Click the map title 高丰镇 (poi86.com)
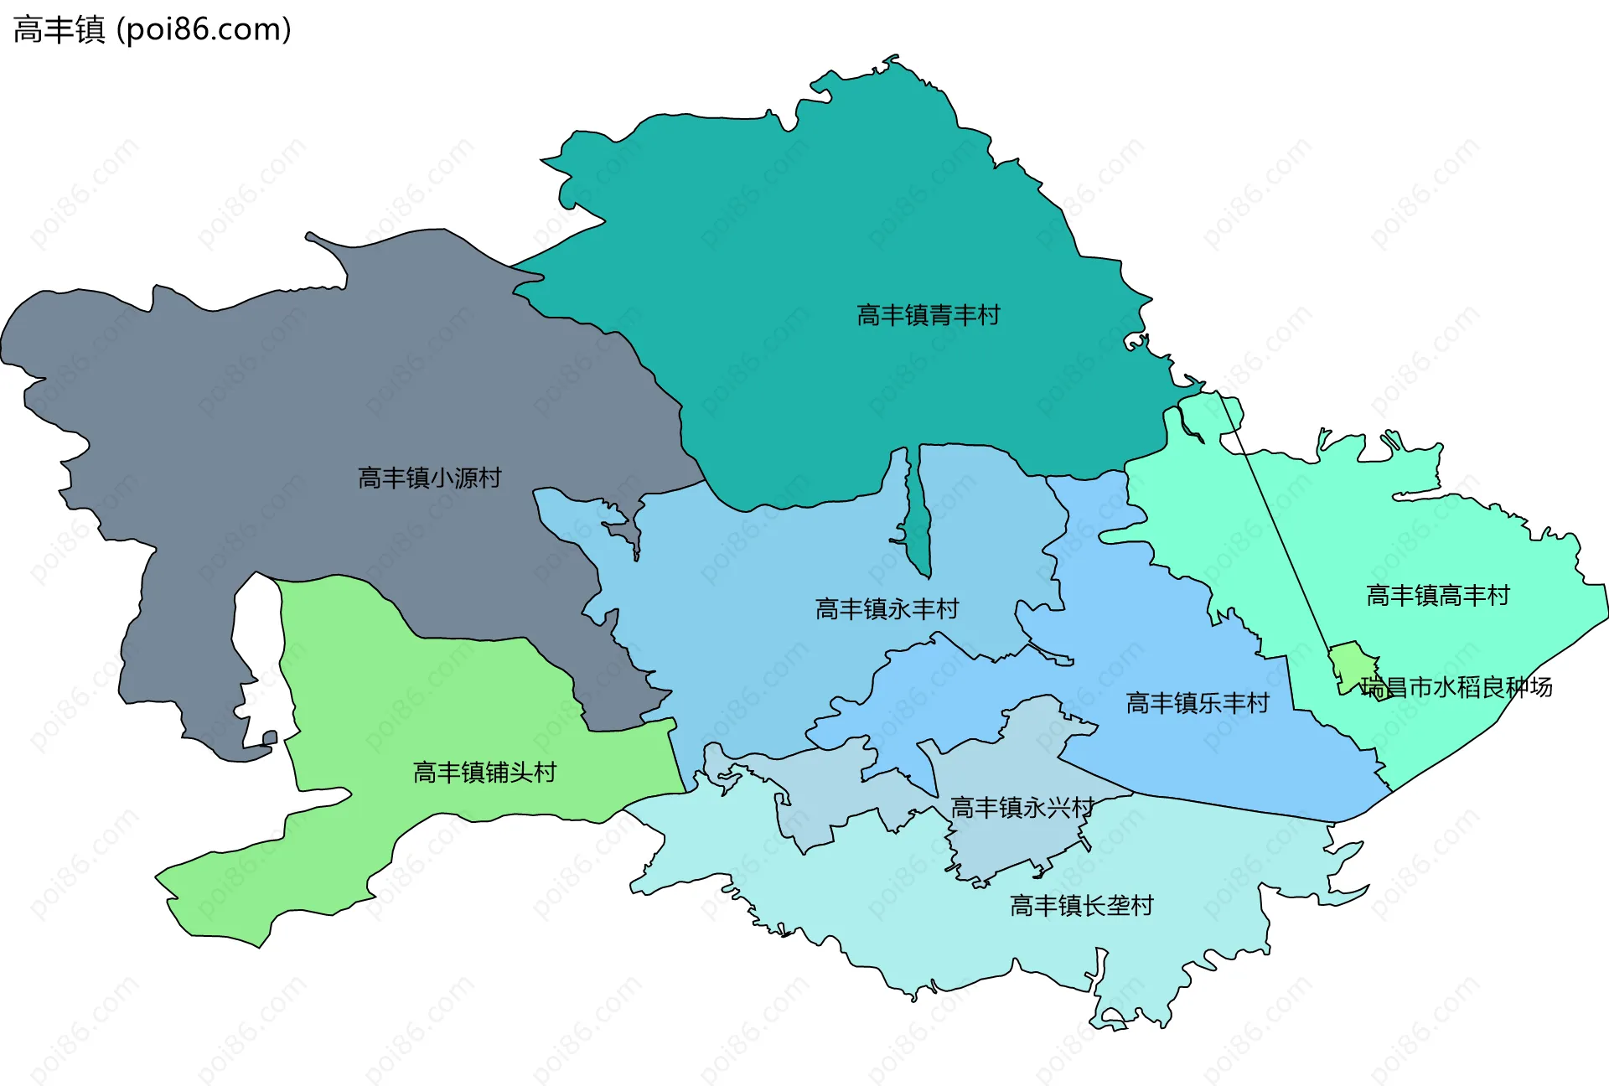click(x=152, y=29)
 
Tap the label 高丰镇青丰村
click(x=928, y=315)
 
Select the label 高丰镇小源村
click(x=429, y=478)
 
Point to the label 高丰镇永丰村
click(x=887, y=608)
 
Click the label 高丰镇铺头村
click(x=484, y=772)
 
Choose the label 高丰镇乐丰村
click(x=1197, y=702)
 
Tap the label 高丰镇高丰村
click(x=1437, y=595)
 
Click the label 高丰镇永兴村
click(x=1022, y=807)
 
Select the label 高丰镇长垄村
click(x=1081, y=905)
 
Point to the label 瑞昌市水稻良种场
click(x=1456, y=687)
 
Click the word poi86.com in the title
click(x=204, y=29)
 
